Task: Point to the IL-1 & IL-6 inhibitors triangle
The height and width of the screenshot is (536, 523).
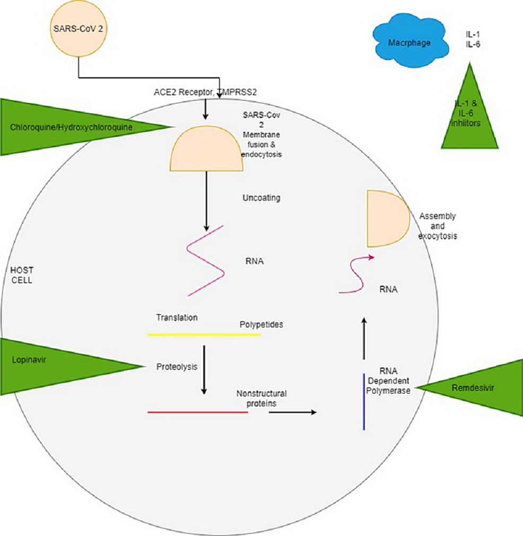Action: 469,119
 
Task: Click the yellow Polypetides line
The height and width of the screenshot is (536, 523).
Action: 204,335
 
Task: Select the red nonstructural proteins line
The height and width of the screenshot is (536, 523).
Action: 198,411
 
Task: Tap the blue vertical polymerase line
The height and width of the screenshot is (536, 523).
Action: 364,401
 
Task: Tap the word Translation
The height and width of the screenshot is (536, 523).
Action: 177,318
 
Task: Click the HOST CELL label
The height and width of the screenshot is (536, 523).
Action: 22,275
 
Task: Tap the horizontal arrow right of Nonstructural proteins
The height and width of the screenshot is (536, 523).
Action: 292,412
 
